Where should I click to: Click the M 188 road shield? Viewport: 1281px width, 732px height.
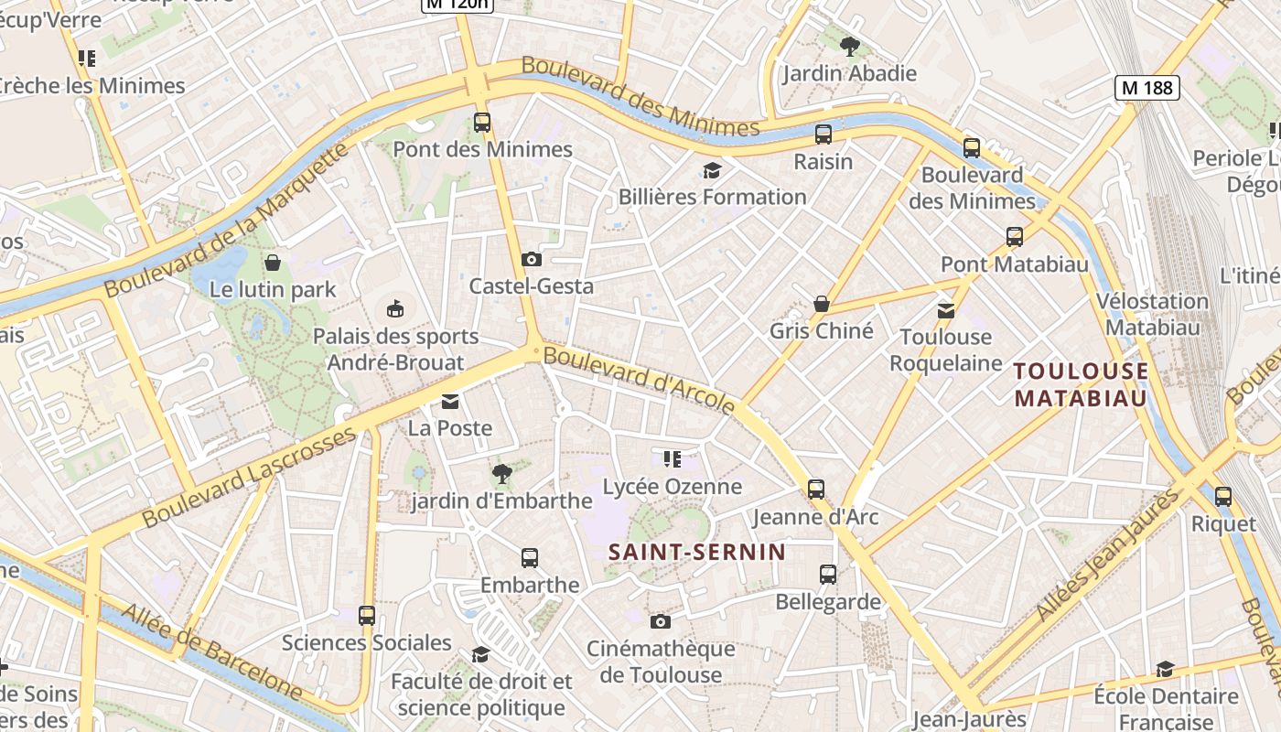click(x=1146, y=88)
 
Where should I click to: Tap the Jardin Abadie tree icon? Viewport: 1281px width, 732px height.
click(x=849, y=46)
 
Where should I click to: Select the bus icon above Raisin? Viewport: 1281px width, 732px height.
click(x=823, y=135)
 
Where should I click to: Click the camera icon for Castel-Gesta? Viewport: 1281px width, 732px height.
click(x=532, y=260)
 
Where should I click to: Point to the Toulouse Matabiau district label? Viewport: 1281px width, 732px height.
click(x=1081, y=384)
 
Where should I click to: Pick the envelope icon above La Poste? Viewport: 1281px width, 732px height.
click(x=450, y=402)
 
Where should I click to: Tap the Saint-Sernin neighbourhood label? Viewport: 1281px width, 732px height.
click(x=697, y=552)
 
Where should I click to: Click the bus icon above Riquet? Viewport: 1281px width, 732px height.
click(x=1223, y=497)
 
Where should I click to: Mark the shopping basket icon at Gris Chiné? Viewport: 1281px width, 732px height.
click(x=822, y=304)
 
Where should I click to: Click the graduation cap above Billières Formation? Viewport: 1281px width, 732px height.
click(x=712, y=170)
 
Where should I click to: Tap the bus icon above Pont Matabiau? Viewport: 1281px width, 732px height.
click(x=1015, y=237)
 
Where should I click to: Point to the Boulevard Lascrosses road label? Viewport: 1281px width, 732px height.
click(x=249, y=477)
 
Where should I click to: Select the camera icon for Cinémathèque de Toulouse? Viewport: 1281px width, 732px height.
click(x=660, y=622)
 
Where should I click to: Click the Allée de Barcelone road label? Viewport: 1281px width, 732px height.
click(x=211, y=652)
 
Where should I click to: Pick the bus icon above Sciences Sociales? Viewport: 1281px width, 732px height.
click(x=367, y=616)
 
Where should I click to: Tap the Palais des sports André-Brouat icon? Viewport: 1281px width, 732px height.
click(x=395, y=308)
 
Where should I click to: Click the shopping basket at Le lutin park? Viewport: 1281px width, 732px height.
click(x=273, y=264)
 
